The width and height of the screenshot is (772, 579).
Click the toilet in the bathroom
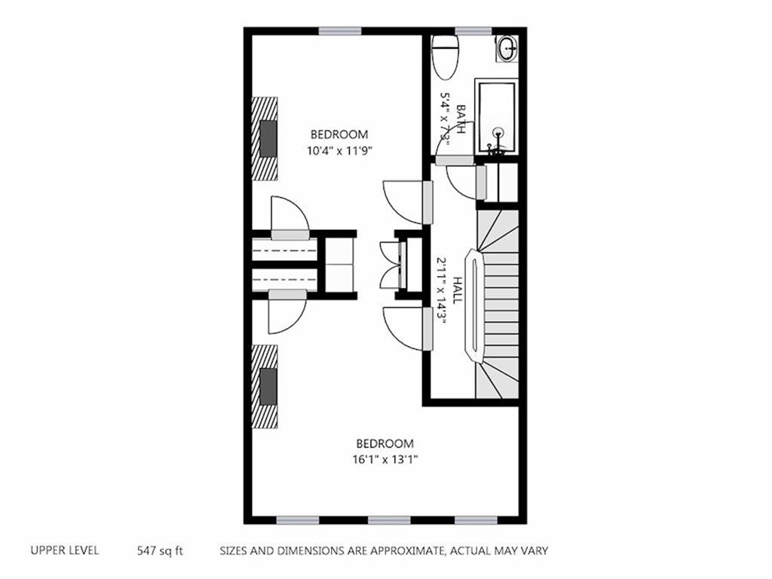(446, 56)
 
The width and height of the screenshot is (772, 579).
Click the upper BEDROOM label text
(339, 134)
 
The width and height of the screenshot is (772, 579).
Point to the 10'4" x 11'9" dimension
(340, 150)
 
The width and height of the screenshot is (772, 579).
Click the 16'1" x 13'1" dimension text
(385, 458)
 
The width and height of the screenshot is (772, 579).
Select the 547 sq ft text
(160, 550)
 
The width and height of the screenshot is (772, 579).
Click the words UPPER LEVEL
(64, 550)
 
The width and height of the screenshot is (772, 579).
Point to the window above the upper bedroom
(339, 31)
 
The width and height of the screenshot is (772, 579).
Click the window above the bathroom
(473, 31)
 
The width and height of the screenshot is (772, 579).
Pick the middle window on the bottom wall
(389, 519)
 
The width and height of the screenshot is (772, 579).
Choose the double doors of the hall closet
(390, 264)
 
